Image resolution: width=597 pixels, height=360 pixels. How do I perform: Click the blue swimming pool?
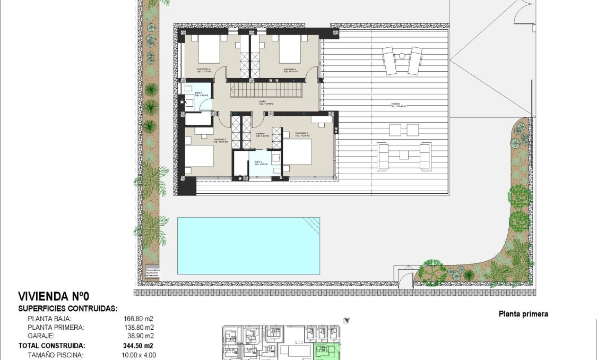[x=248, y=245]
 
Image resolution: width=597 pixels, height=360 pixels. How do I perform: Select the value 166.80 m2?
[x=138, y=319]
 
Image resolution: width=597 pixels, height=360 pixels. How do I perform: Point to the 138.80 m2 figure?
[x=138, y=327]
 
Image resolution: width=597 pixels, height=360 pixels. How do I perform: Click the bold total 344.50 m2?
[x=138, y=345]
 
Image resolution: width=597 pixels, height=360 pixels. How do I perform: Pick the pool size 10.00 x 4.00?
[x=139, y=355]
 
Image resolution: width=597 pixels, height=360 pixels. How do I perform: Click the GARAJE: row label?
[x=42, y=336]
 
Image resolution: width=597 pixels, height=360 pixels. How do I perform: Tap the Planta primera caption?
[x=523, y=314]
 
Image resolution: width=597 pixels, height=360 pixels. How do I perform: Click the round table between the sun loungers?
[x=402, y=56]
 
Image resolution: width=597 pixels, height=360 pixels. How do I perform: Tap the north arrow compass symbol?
[x=347, y=320]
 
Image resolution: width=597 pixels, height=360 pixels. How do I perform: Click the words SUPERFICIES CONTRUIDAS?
[x=68, y=308]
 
